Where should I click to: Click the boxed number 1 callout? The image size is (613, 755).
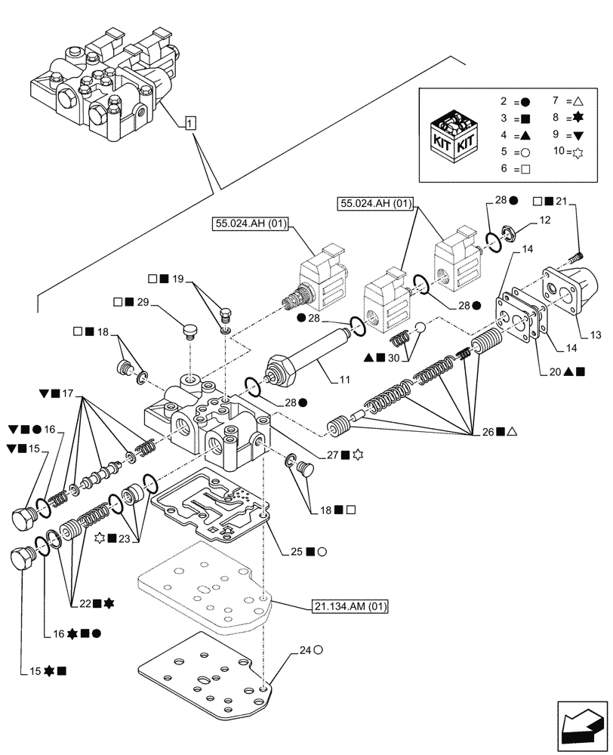click(x=189, y=123)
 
